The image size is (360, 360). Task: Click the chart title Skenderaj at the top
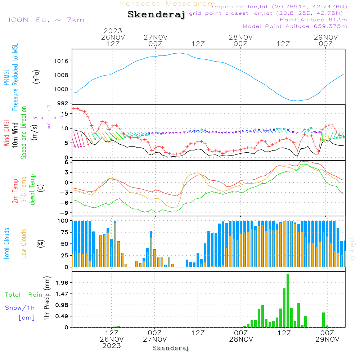click(x=156, y=14)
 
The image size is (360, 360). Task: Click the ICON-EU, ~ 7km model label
click(x=46, y=20)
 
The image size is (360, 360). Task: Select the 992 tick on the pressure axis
click(x=64, y=103)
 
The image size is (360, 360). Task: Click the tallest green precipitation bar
click(x=288, y=301)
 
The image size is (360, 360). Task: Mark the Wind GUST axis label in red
click(x=6, y=133)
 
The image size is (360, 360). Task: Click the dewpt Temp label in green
click(x=32, y=189)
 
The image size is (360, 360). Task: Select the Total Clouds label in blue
click(x=6, y=243)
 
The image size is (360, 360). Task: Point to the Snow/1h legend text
click(x=20, y=308)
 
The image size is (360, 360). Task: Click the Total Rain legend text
click(x=23, y=295)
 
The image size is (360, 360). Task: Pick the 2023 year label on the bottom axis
click(x=111, y=346)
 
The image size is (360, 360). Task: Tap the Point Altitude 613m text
click(x=313, y=20)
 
